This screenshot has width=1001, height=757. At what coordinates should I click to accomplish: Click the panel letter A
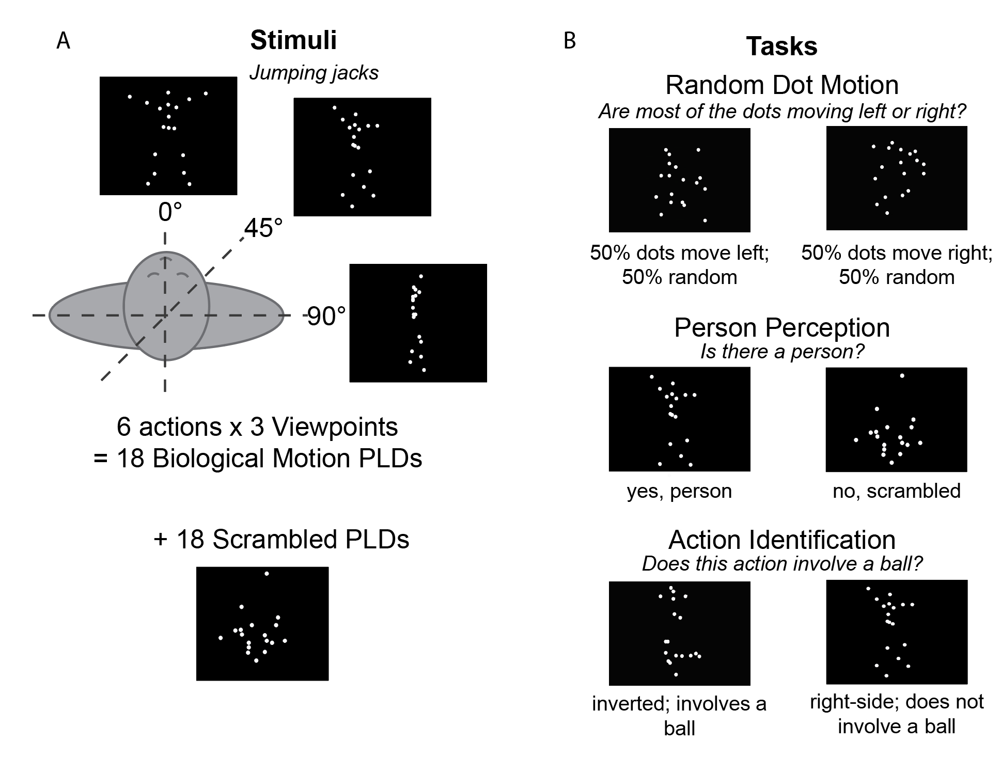point(63,40)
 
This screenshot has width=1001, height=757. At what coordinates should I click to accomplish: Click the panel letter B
point(569,40)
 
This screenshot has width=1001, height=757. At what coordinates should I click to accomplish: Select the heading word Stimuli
point(293,40)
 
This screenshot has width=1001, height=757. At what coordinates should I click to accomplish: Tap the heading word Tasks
point(781,46)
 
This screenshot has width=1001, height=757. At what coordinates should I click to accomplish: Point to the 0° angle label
point(170,212)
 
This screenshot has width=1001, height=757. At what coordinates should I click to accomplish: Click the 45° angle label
point(263,228)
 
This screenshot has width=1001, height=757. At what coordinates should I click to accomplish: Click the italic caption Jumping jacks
point(314,73)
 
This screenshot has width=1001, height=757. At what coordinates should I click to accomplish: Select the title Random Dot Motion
point(781,85)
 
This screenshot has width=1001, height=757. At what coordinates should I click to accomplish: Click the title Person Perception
point(781,327)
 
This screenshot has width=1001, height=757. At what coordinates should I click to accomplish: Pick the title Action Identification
point(781,540)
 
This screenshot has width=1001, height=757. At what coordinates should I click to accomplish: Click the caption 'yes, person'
point(679,491)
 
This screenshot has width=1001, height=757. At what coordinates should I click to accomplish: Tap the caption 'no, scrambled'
point(896,491)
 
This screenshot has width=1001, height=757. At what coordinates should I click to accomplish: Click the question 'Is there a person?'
point(781,352)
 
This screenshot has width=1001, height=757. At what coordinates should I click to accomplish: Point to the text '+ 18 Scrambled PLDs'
point(281,539)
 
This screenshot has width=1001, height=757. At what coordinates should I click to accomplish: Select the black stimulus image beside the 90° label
point(418,323)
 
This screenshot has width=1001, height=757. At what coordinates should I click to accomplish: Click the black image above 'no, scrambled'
point(896,419)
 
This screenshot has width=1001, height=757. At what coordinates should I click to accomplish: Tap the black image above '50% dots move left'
point(679,180)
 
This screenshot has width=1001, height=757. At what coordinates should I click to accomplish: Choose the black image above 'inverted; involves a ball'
point(679,633)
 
